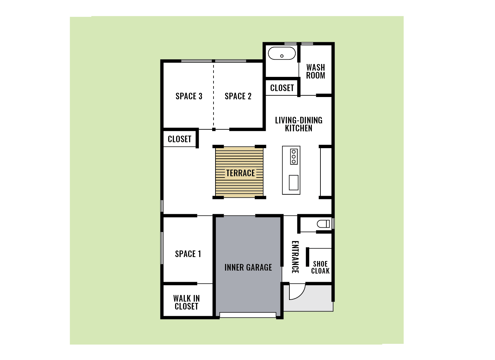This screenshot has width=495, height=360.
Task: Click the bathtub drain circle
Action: tap(282, 56)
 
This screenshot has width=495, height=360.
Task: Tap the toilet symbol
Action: tap(323, 224)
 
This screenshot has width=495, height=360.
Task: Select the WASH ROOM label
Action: tap(315, 71)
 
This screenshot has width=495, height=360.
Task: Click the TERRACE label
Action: tap(241, 173)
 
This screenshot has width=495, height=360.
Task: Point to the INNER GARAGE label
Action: tap(248, 267)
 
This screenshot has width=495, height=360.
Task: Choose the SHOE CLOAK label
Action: tap(320, 267)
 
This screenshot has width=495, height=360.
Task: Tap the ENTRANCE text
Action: tap(295, 257)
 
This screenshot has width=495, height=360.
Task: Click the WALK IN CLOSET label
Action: tap(186, 302)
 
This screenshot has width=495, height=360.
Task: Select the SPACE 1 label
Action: tap(188, 254)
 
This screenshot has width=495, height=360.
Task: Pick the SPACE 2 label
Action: tap(238, 96)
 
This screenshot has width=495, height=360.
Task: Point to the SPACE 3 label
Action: tap(189, 96)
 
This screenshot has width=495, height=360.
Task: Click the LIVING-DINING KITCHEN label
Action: tap(299, 124)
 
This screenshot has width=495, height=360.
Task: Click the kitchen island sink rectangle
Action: tap(294, 182)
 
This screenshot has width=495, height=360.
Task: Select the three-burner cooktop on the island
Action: tap(294, 157)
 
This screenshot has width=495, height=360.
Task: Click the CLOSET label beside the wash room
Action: tap(282, 88)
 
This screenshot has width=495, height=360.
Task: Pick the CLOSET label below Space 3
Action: tap(180, 139)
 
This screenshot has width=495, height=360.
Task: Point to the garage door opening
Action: tap(248, 315)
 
